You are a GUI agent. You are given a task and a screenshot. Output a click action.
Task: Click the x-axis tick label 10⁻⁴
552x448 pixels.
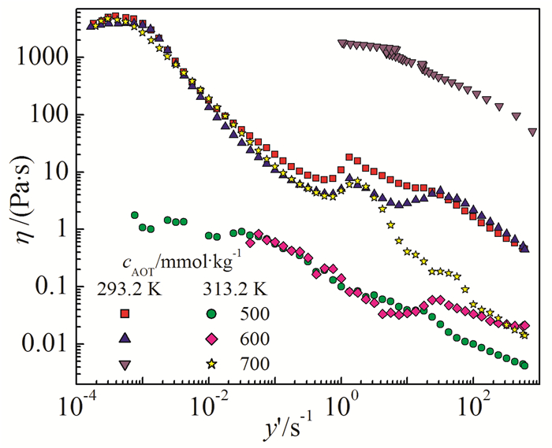[74, 409]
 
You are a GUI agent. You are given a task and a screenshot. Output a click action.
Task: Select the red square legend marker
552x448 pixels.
[124, 313]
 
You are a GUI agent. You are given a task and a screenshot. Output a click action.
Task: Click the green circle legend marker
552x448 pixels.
[211, 313]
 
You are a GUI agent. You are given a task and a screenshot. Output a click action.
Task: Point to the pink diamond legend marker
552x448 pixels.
[211, 339]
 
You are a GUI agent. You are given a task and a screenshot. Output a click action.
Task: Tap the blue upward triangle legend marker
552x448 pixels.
[124, 339]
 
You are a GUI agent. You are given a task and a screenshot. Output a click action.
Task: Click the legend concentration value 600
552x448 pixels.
[255, 339]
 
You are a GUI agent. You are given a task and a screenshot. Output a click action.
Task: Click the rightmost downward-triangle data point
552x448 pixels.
[532, 131]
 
